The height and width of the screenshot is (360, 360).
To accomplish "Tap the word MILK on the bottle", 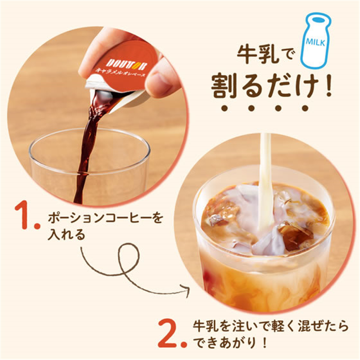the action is (316, 42).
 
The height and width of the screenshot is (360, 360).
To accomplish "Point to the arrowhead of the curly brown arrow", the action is (186, 290).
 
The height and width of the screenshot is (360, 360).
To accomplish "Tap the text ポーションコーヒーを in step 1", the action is (105, 218).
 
